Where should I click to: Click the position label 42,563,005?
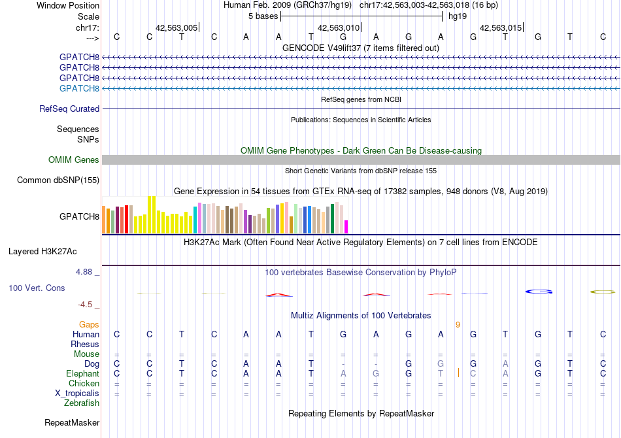coord(176,27)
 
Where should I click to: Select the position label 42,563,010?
coord(339,27)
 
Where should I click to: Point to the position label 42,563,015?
coord(501,27)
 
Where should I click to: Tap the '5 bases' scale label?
coord(263,16)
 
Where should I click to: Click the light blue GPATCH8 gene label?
coord(79,88)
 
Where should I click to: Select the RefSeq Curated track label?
coord(69,109)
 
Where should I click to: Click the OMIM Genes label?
coord(74,160)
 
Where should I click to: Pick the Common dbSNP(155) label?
coord(58,180)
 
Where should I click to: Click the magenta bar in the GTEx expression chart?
coord(346,227)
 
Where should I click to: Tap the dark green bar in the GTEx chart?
coord(332,219)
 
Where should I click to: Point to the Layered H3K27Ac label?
coord(42,252)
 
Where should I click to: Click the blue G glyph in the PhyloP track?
coord(538,292)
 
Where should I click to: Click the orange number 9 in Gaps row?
coord(458,325)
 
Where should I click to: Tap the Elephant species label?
coord(82,374)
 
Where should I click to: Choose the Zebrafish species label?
coord(82,403)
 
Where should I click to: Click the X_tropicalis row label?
coord(77,394)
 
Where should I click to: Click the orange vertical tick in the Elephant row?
coord(459,373)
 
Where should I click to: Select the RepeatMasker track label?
coord(72,423)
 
